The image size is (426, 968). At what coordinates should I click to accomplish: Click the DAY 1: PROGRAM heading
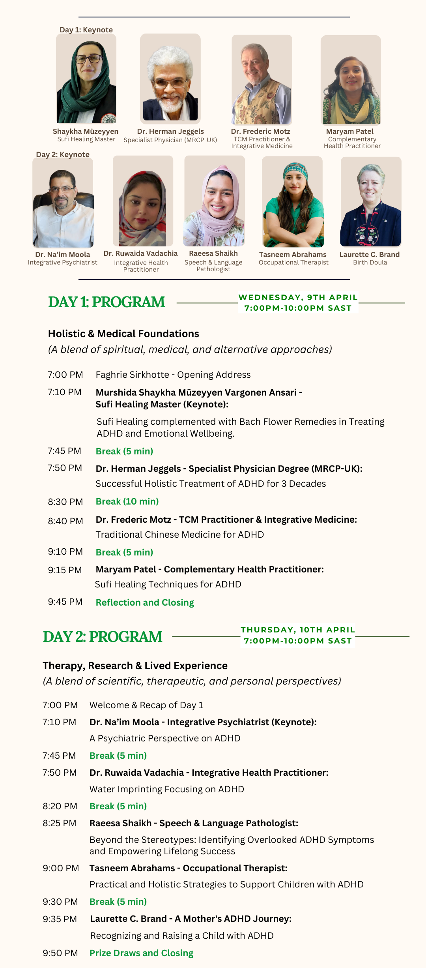click(106, 302)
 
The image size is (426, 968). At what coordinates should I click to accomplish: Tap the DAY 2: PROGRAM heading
click(103, 637)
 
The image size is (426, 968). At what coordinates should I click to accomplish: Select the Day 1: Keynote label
click(86, 30)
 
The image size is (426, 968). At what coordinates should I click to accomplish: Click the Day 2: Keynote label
click(63, 154)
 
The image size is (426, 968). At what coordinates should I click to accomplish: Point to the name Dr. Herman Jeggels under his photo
click(170, 131)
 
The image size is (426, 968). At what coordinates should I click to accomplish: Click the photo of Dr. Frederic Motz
click(262, 80)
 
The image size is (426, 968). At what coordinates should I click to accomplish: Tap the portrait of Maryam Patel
click(351, 80)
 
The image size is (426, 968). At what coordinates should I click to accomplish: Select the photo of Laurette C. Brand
click(371, 202)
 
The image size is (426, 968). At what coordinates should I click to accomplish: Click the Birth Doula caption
click(370, 263)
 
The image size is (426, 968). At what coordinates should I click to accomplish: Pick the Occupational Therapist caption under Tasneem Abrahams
click(293, 263)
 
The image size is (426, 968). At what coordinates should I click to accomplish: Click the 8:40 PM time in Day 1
click(65, 521)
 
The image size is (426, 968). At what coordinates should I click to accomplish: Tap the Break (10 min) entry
click(127, 501)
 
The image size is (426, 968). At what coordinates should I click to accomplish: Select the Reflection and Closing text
click(145, 602)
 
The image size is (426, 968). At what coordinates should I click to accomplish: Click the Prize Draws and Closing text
click(141, 953)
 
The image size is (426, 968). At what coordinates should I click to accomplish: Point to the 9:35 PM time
click(60, 919)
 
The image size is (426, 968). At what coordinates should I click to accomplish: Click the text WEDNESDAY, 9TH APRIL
click(298, 297)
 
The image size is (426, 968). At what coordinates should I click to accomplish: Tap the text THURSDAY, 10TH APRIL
click(298, 630)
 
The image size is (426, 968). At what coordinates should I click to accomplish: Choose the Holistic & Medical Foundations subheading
click(123, 334)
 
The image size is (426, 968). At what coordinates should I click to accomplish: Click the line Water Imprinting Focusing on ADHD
click(166, 789)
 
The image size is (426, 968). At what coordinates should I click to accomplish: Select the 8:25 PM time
click(60, 823)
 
